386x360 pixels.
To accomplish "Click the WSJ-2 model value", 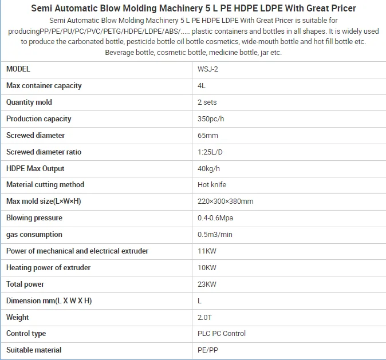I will pyautogui.click(x=208, y=69).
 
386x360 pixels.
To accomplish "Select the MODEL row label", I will pyautogui.click(x=18, y=69).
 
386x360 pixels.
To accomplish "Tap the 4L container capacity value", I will pyautogui.click(x=202, y=86).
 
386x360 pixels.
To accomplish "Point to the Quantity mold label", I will pyautogui.click(x=29, y=102).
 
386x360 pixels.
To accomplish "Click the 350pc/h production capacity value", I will pyautogui.click(x=211, y=119).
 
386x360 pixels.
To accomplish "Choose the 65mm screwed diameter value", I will pyautogui.click(x=208, y=136).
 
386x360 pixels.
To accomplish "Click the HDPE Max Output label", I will pyautogui.click(x=36, y=169).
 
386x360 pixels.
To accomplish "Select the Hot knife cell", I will pyautogui.click(x=212, y=185).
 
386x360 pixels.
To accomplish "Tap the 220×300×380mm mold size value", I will pyautogui.click(x=226, y=201).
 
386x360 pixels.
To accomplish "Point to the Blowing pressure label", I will pyautogui.click(x=34, y=218).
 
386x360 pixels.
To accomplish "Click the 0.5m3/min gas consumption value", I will pyautogui.click(x=215, y=235).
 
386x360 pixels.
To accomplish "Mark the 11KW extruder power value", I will pyautogui.click(x=207, y=251).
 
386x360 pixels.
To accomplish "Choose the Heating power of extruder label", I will pyautogui.click(x=49, y=268).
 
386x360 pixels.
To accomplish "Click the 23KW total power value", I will pyautogui.click(x=207, y=284).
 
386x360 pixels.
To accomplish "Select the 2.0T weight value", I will pyautogui.click(x=204, y=317).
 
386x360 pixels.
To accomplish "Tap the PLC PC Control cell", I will pyautogui.click(x=222, y=334).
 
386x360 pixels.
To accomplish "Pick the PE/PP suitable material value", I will pyautogui.click(x=207, y=350).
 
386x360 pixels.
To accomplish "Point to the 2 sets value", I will pyautogui.click(x=207, y=102).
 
